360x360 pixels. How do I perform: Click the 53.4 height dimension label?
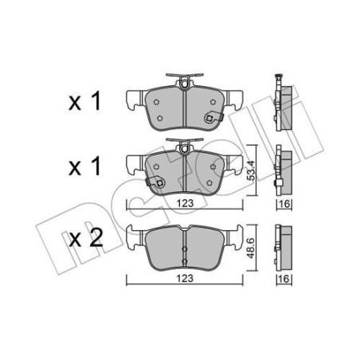[x=251, y=170]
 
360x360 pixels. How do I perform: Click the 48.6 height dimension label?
[x=251, y=248]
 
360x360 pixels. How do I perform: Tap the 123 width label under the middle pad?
[x=185, y=204]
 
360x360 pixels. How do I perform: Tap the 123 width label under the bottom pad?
[x=185, y=279]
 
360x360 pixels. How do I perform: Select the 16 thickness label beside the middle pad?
[x=284, y=204]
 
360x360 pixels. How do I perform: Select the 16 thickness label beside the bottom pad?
[x=284, y=279]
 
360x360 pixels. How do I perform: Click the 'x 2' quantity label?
[x=85, y=238]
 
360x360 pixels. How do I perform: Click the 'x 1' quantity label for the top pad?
[x=84, y=101]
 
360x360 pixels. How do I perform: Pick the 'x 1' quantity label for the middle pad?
[x=84, y=166]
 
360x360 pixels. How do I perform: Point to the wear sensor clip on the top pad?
[x=213, y=117]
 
